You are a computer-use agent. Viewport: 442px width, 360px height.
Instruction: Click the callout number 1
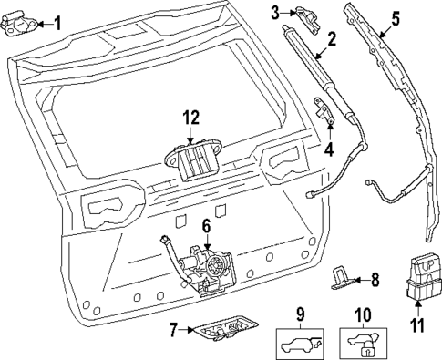[x=57, y=23]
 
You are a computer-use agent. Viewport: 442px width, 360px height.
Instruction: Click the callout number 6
[x=206, y=224]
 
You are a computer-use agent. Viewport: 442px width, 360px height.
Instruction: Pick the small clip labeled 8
[x=342, y=277]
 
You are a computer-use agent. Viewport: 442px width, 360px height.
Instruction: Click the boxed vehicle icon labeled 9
[x=299, y=345]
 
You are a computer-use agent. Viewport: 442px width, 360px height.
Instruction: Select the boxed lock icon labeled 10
[x=362, y=345]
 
